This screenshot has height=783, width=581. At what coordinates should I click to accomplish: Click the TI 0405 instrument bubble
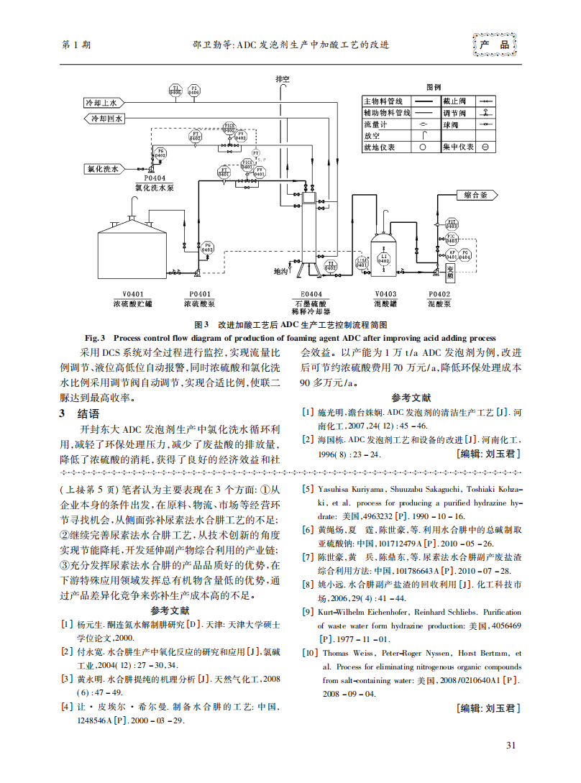175,91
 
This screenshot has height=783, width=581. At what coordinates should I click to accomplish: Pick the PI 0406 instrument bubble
194,91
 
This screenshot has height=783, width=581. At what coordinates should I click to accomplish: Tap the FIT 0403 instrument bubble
452,224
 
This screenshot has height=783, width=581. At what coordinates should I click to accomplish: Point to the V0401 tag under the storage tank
133,294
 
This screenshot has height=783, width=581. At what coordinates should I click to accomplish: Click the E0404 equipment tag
311,294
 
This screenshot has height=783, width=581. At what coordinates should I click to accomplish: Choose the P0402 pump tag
439,294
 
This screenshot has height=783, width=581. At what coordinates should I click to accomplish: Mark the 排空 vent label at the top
283,78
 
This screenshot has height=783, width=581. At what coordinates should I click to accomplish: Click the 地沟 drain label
280,272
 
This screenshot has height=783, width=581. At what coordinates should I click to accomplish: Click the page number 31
511,744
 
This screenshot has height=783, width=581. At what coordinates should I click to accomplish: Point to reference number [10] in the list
309,653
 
